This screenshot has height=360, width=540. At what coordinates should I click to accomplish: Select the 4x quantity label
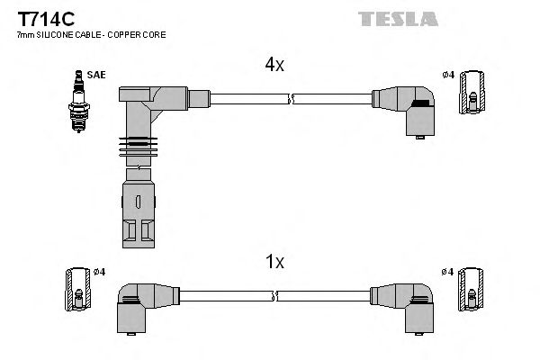[x=274, y=65]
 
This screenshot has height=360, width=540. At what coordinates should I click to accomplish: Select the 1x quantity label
[x=274, y=262]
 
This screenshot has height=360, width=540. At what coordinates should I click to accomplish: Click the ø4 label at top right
[x=449, y=75]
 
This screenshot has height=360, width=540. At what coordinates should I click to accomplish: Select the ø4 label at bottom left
[x=100, y=272]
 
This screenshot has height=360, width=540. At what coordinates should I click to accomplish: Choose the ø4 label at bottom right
[x=447, y=272]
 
